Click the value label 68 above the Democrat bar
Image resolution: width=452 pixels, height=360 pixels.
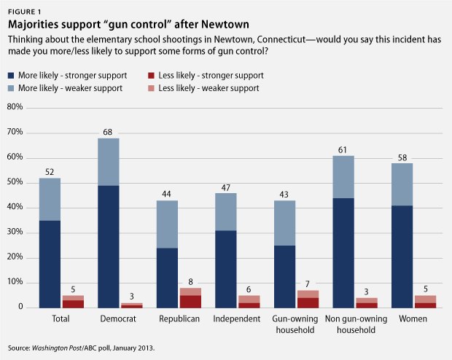point(108,131)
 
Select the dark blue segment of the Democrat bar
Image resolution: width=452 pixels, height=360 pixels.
point(108,246)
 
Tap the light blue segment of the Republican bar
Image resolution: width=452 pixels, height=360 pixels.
point(167,224)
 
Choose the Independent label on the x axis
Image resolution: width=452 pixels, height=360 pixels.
point(238,319)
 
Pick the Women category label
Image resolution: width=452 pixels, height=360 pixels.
point(413,319)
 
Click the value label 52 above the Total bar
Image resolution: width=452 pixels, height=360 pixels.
point(49,171)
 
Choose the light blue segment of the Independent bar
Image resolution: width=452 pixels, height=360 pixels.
point(226,211)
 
